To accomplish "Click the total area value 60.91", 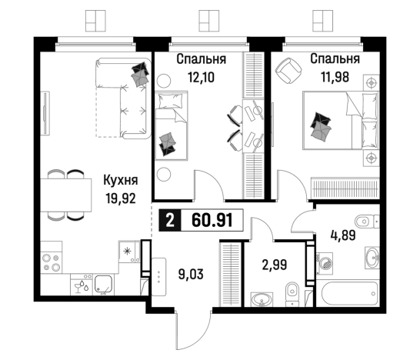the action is pyautogui.click(x=212, y=221).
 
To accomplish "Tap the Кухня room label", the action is pyautogui.click(x=121, y=180).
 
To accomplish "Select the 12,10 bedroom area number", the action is pyautogui.click(x=202, y=78).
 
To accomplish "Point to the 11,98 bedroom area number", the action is pyautogui.click(x=335, y=77).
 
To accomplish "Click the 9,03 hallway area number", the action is pyautogui.click(x=191, y=275).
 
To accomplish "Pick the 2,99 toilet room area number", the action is pyautogui.click(x=275, y=265).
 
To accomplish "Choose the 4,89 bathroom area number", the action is pyautogui.click(x=343, y=235).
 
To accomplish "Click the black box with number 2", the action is pyautogui.click(x=170, y=221).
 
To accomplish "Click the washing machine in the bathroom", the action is pyautogui.click(x=325, y=263).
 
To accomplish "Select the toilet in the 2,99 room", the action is pyautogui.click(x=292, y=294).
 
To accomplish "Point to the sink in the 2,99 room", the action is pyautogui.click(x=262, y=299).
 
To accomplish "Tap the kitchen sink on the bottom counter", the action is pyautogui.click(x=103, y=284).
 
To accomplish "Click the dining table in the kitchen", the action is pyautogui.click(x=66, y=195).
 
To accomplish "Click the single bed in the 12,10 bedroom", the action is pyautogui.click(x=172, y=125).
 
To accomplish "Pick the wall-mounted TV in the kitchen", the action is pyautogui.click(x=46, y=112).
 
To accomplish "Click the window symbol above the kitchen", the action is pyautogui.click(x=95, y=21).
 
